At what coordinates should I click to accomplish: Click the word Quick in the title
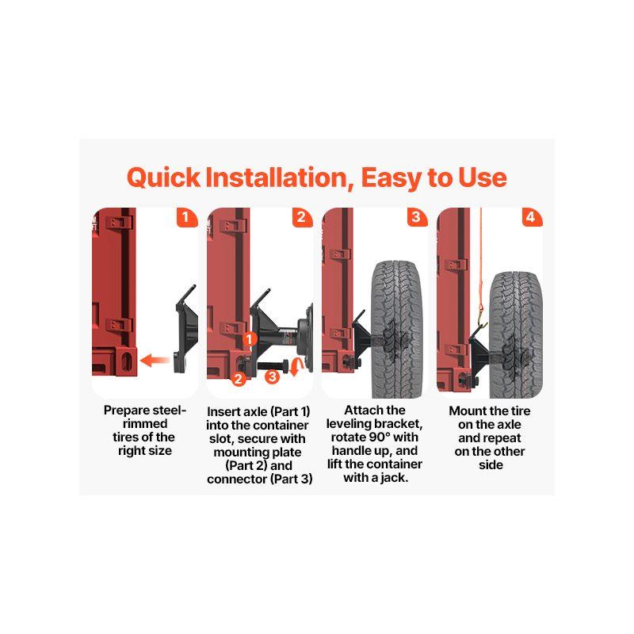pos(163,178)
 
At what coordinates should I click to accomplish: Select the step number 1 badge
pos(186,218)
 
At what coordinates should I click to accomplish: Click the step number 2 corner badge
pos(302,218)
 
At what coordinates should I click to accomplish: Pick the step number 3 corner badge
pos(417,218)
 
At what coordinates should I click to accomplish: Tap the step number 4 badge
pos(531,218)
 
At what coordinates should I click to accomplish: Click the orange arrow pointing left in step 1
pos(154,360)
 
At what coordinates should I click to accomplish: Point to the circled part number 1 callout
pos(250,339)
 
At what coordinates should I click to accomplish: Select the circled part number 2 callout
pos(238,379)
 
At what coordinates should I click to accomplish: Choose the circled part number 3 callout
pos(272,377)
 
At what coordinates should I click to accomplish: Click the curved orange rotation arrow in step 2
pos(295,366)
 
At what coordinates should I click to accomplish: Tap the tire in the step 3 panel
pos(397,330)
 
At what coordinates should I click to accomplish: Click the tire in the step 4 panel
pos(516,334)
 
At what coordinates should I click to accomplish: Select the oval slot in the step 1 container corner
pos(127,361)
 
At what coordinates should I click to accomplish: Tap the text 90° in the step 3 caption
pos(380,437)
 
